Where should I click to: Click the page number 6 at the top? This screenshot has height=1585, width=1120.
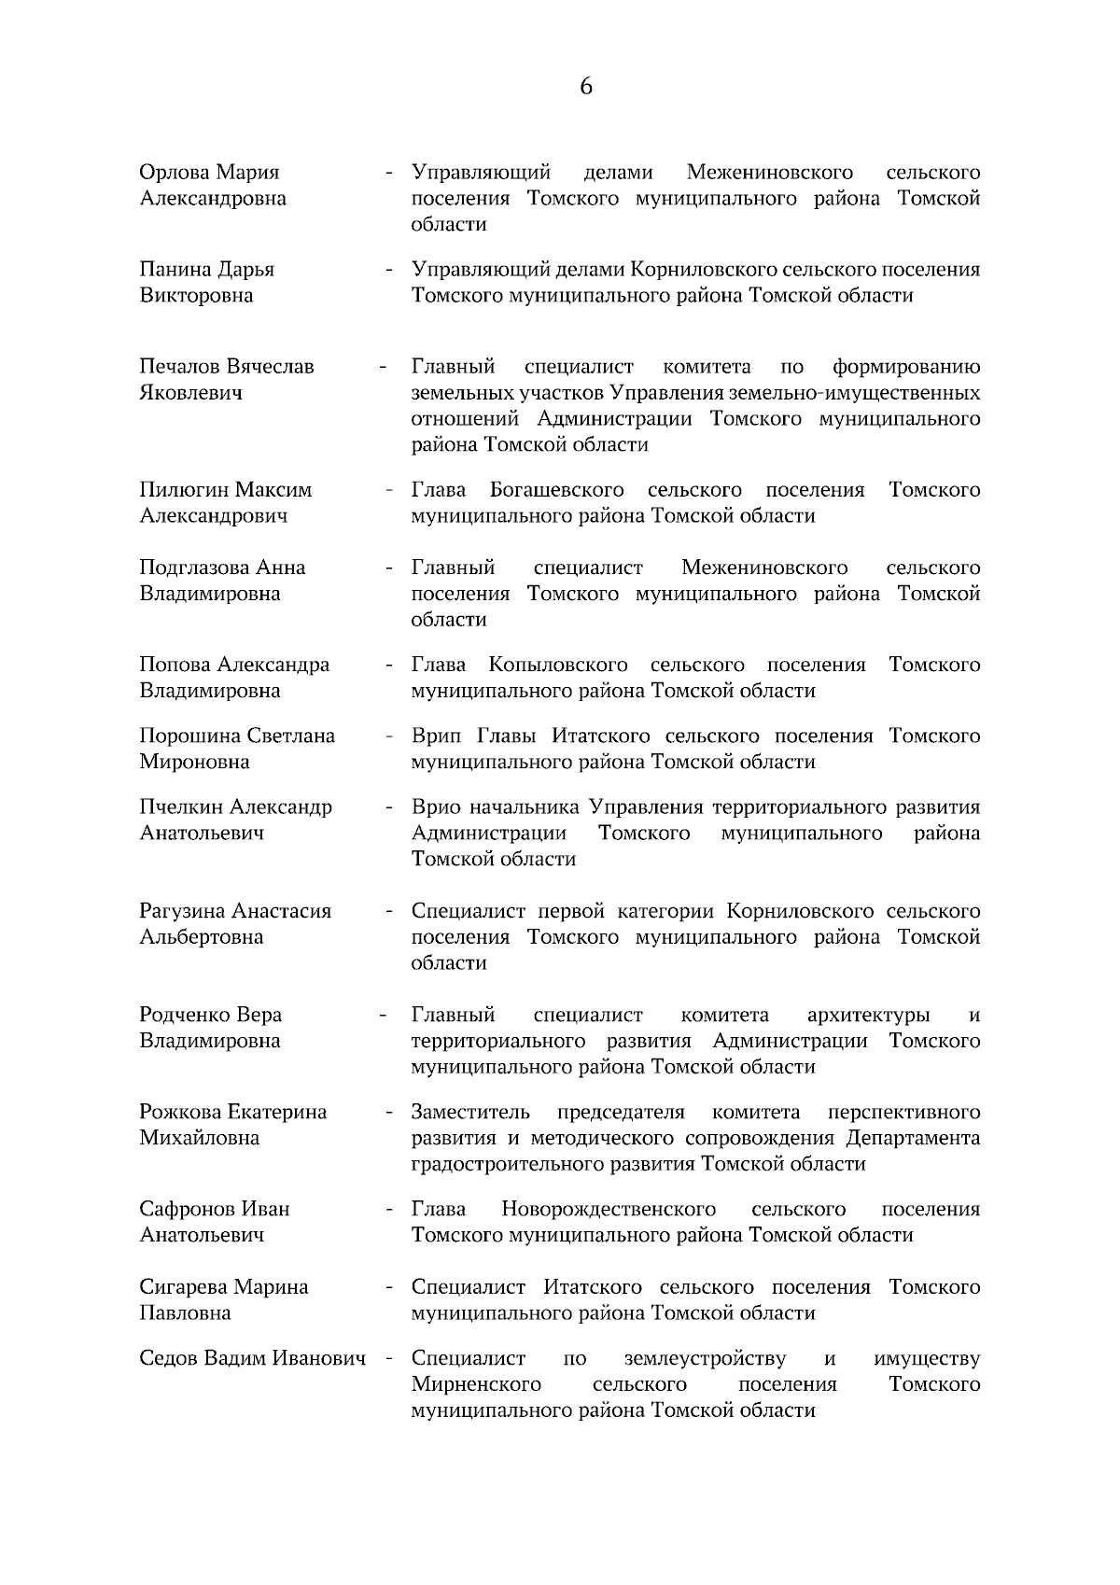[586, 87]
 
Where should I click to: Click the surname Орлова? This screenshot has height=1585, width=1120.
[175, 173]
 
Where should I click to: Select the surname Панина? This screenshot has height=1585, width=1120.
[175, 270]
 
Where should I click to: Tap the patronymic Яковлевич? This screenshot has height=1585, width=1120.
[191, 393]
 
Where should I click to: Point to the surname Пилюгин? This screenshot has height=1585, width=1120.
[183, 490]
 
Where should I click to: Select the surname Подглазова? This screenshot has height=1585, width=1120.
[193, 568]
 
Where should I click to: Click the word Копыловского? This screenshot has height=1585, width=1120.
[557, 666]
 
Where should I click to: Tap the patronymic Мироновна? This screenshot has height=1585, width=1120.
[194, 763]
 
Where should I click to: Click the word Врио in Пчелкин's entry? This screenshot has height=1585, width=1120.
[437, 807]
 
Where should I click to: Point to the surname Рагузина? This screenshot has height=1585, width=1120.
[181, 911]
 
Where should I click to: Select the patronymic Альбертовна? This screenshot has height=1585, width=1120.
[201, 937]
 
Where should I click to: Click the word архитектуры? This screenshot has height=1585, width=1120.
[868, 1016]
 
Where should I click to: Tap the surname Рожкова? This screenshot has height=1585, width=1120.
[179, 1113]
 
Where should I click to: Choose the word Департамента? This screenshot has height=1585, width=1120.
[913, 1139]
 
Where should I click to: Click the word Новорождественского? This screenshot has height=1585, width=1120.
[609, 1210]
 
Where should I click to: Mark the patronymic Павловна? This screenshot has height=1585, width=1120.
[185, 1313]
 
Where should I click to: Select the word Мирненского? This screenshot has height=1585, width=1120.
[476, 1384]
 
